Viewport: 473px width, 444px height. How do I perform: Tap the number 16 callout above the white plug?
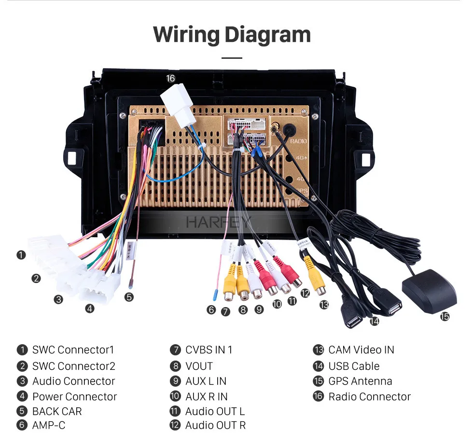(170, 78)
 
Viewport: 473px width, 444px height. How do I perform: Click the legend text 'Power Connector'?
(74, 397)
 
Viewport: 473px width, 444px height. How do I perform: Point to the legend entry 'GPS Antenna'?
(360, 381)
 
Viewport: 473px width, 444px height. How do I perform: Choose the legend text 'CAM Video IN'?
(361, 350)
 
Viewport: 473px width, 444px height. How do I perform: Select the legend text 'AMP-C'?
(48, 425)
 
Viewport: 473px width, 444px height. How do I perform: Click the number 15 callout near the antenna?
(445, 316)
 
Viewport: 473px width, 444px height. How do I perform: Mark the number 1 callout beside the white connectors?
(21, 255)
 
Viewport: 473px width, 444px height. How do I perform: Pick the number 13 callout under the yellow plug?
(324, 305)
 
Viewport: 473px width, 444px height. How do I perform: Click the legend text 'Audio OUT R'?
(215, 425)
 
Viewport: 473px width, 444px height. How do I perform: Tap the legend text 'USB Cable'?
(354, 366)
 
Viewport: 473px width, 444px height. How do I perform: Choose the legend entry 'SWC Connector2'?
(74, 366)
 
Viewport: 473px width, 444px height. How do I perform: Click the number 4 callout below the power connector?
(90, 309)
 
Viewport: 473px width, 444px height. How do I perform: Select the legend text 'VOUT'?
(199, 366)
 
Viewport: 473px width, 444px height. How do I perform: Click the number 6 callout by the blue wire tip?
(211, 310)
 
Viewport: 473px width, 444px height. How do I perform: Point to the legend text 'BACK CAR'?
(57, 411)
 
